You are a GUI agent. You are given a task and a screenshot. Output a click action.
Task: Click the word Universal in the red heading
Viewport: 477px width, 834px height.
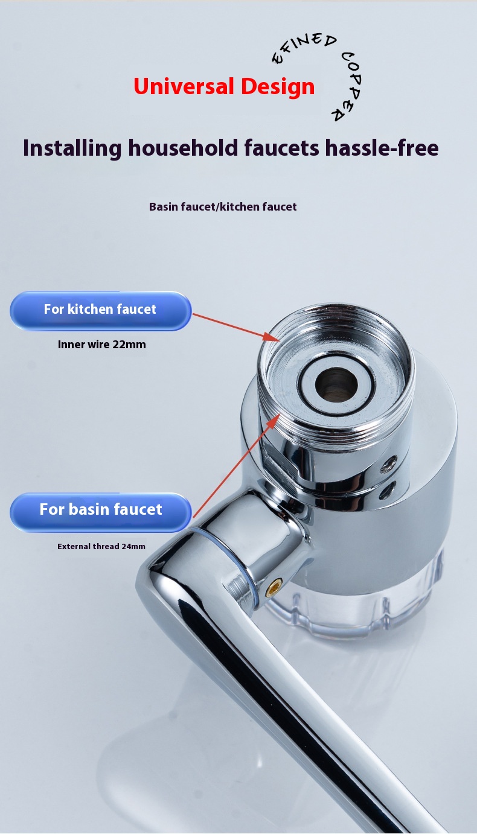(x=184, y=86)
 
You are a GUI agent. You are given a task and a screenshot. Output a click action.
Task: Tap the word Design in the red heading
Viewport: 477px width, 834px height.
(x=278, y=87)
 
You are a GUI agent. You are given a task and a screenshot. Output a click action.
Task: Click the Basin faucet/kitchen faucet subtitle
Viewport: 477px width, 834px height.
(x=223, y=206)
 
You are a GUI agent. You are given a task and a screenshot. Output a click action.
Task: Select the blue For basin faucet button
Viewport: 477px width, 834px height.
(x=101, y=512)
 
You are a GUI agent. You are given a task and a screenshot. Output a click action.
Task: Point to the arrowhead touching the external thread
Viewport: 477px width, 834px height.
(x=273, y=420)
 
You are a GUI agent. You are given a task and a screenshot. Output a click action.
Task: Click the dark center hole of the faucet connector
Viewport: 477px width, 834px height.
(x=336, y=384)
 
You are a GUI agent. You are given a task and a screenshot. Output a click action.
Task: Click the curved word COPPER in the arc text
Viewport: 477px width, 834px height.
(x=349, y=86)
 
